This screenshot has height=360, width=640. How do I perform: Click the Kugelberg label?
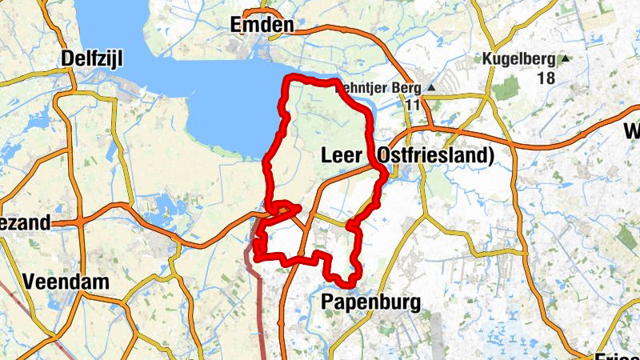pos(519,58)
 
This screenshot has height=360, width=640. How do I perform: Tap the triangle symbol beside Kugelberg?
pos(566,58)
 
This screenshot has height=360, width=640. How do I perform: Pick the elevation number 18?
pos(546,78)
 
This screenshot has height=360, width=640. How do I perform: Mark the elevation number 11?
pos(413,105)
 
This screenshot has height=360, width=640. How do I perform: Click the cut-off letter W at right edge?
pos(631,130)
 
